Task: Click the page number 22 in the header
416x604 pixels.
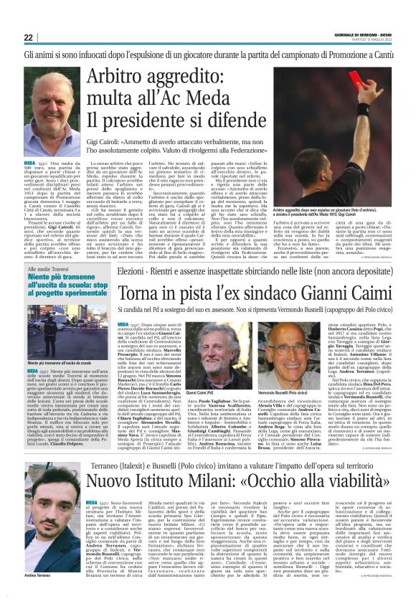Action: click(28, 38)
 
